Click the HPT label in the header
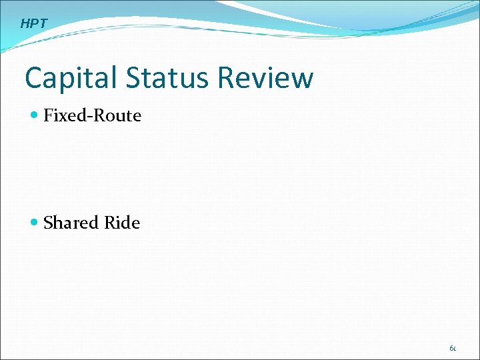pos(34,24)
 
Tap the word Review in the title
pos(265,78)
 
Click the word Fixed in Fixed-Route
pos(63,115)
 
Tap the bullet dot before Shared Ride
pos(35,223)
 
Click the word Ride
pos(122,222)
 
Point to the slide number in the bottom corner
pos(453,347)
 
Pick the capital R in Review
pos(225,78)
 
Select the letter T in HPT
pos(43,24)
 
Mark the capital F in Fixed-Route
pos(48,115)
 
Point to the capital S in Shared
pos(48,222)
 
